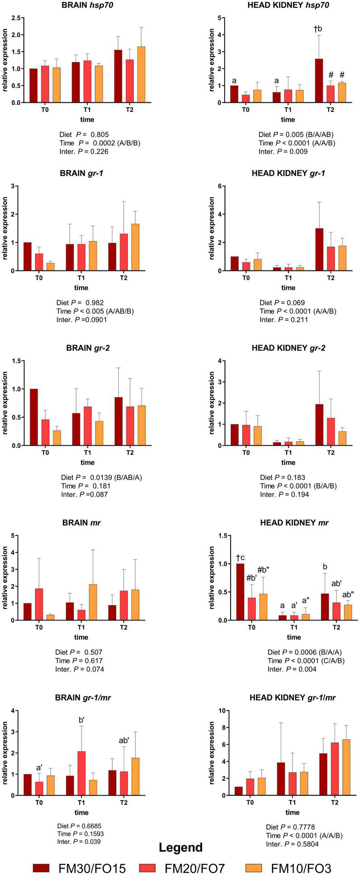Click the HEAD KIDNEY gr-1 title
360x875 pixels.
pyautogui.click(x=288, y=173)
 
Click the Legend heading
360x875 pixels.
pyautogui.click(x=181, y=847)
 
